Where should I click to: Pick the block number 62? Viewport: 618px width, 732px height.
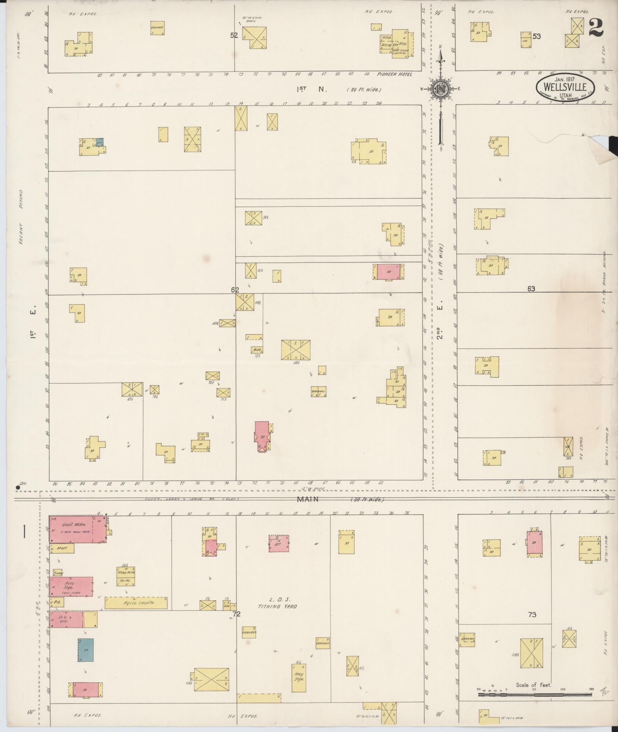pos(235,290)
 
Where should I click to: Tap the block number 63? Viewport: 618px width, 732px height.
pos(531,289)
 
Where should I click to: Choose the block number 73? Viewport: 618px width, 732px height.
pos(532,614)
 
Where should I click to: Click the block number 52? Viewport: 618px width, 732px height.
pos(234,35)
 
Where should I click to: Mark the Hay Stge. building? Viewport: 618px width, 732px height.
pos(299,677)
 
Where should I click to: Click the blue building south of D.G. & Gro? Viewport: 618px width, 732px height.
pos(86,649)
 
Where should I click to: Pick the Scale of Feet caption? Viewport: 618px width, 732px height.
pos(533,685)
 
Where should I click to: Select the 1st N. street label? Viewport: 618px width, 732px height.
pos(311,89)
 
